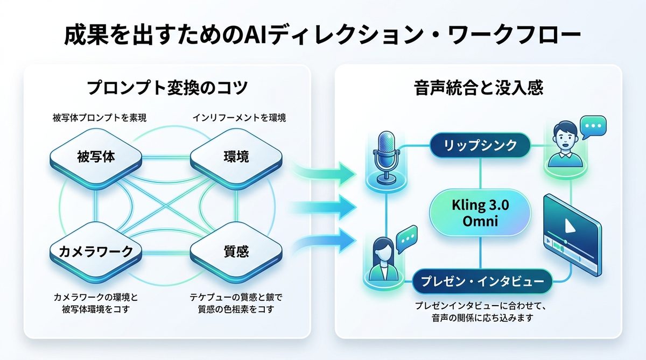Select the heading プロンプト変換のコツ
click(x=167, y=88)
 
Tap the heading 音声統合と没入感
click(x=479, y=88)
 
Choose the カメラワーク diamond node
click(x=95, y=251)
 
